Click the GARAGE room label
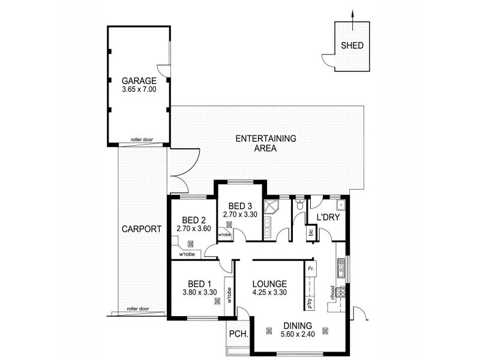[x=139, y=81]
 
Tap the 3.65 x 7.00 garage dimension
[x=139, y=89]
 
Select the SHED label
[x=352, y=46]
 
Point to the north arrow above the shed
[x=352, y=20]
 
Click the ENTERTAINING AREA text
[x=266, y=143]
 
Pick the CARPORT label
[x=142, y=229]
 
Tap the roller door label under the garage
[x=142, y=140]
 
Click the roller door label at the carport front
[x=138, y=308]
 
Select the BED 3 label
[x=240, y=206]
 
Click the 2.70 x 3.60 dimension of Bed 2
[x=194, y=229]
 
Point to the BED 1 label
[x=199, y=284]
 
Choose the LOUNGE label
[x=269, y=284]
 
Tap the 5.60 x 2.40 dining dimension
[x=298, y=334]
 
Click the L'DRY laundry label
[x=328, y=217]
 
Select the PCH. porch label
[x=238, y=334]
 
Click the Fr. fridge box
[x=310, y=269]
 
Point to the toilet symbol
[x=299, y=204]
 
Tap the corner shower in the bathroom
[x=271, y=206]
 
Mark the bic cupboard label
[x=311, y=232]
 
